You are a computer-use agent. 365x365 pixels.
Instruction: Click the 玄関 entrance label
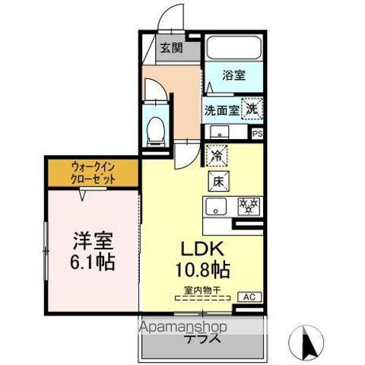click(x=171, y=49)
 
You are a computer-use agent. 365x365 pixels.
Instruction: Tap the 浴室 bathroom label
click(x=233, y=75)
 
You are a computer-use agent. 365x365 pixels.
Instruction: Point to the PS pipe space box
click(x=257, y=135)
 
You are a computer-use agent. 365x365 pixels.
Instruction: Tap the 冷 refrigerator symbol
click(x=216, y=154)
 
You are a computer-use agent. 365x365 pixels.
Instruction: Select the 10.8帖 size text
click(x=205, y=270)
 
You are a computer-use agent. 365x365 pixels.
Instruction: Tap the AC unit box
click(x=248, y=296)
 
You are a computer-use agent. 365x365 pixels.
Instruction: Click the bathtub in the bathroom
click(x=233, y=48)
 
